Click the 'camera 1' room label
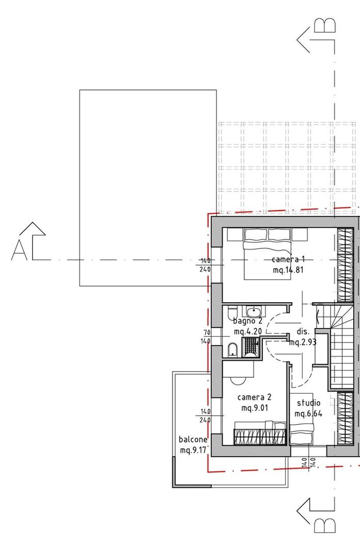coord(288,259)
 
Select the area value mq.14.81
coord(288,270)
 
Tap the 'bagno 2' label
coord(247,321)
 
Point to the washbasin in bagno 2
coord(253,312)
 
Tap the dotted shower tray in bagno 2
coord(251,347)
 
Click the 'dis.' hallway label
coord(303,332)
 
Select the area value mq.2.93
coord(303,343)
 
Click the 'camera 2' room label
coord(254,397)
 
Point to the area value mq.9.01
coord(254,408)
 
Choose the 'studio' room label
coord(308,403)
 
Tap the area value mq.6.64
coord(308,413)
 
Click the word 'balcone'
coord(193,440)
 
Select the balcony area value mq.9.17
coord(193,451)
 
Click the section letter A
coord(19,250)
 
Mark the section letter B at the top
coord(325,25)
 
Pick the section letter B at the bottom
coord(325,525)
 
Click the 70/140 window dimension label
coord(207,337)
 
